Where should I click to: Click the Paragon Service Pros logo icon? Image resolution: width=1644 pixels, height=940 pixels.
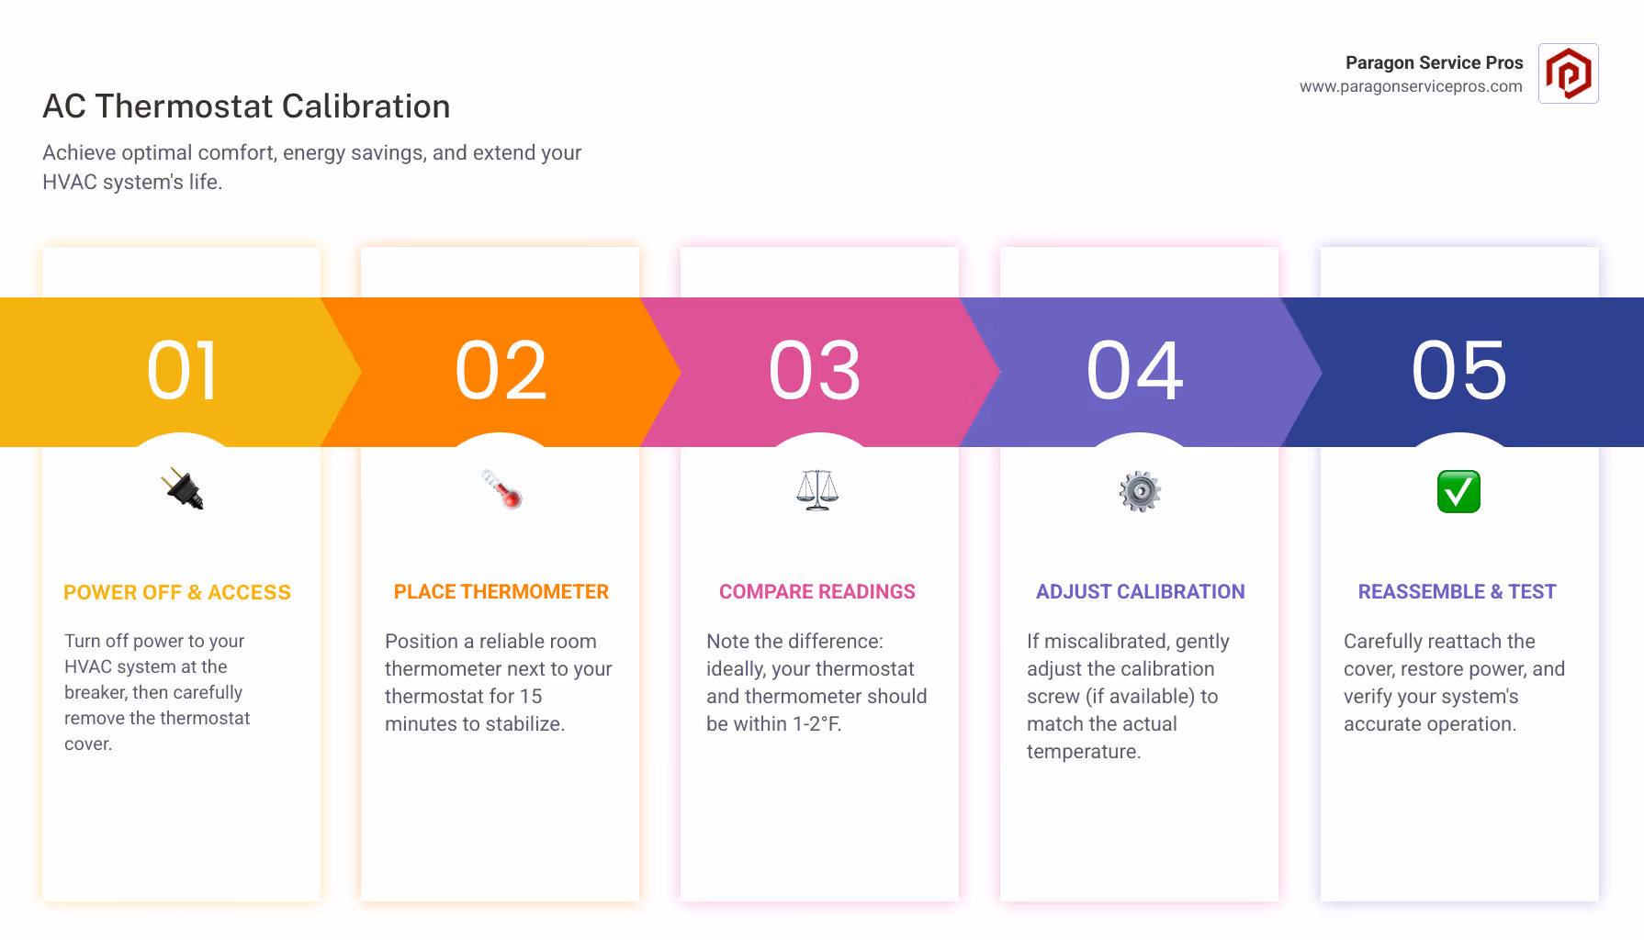coord(1568,73)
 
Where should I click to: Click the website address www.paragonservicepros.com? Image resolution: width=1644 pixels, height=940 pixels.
coord(1411,86)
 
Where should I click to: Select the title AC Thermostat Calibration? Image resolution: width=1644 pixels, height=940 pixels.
coord(246,106)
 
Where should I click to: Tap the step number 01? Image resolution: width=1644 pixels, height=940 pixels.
coord(182,371)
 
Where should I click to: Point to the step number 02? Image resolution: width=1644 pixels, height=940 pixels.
coord(501,371)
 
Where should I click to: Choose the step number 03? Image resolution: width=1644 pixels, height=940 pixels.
coord(815,371)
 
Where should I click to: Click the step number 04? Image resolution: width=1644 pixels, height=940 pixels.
coord(1135,371)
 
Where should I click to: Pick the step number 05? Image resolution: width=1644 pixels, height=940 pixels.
coord(1459,371)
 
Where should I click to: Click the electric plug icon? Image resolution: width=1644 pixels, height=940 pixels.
coord(182,489)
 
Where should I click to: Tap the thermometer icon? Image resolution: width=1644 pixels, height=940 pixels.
coord(501,489)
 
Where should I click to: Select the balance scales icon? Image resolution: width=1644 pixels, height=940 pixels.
coord(817,490)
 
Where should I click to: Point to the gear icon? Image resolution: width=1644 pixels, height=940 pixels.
coord(1140,492)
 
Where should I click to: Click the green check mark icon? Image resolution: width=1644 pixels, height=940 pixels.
coord(1458,492)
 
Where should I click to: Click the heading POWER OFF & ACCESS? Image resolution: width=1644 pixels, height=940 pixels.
coord(177,593)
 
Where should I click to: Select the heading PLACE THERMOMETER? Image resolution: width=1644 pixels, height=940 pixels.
coord(501,592)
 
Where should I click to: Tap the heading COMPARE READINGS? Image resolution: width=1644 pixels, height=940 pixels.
coord(817,592)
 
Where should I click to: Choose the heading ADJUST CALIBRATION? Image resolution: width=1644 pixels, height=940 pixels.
coord(1141,592)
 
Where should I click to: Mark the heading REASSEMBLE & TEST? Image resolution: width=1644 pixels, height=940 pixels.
coord(1458,592)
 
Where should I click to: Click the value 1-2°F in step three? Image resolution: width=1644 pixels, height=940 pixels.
coord(816,724)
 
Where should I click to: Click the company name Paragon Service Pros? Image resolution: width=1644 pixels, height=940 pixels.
coord(1434,62)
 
